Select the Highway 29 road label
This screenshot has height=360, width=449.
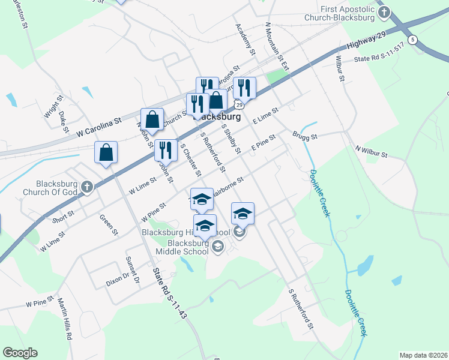click(366, 41)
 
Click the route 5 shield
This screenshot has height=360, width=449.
click(412, 40)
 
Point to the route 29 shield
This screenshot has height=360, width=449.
click(239, 105)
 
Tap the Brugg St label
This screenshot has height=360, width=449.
click(305, 136)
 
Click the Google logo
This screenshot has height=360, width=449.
click(20, 353)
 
